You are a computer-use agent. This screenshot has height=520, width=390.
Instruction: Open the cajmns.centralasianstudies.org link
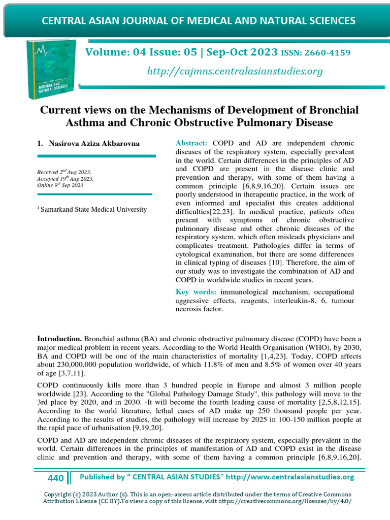(235, 71)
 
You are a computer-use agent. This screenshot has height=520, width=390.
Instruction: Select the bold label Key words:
(196, 291)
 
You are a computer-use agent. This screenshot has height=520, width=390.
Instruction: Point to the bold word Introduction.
(59, 339)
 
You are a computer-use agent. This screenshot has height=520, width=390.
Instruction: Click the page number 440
(56, 478)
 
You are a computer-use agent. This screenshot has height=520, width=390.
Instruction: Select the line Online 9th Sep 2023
(60, 185)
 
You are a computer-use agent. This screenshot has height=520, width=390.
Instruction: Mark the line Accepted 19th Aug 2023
(65, 179)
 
